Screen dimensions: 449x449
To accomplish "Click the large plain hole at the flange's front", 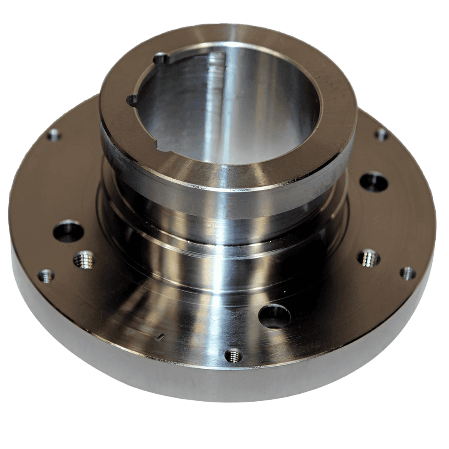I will click(274, 316).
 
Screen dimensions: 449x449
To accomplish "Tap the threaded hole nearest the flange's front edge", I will click(234, 355).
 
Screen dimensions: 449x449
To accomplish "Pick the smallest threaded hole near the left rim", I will click(46, 276).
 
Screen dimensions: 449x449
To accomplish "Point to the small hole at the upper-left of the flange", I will click(54, 134).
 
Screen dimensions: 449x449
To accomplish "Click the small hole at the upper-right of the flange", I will click(381, 134).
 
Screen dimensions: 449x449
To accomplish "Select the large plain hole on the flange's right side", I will click(374, 182).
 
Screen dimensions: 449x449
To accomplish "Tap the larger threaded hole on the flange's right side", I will click(369, 258).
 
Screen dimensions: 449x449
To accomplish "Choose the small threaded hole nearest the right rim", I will click(408, 273).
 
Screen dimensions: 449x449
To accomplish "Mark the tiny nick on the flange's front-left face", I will click(160, 337).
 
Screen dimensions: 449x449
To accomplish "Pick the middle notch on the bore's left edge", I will click(132, 100).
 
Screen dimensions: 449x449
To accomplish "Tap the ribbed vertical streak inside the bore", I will click(217, 83).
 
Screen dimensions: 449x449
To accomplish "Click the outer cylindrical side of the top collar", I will click(224, 183).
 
